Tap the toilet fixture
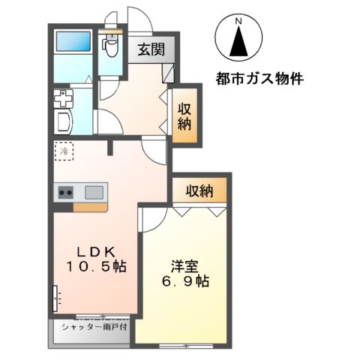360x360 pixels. pos(112,48)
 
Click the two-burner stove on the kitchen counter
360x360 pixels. pos(65,192)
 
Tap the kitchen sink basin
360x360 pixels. pos(94,192)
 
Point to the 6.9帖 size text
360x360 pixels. pos(186,282)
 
